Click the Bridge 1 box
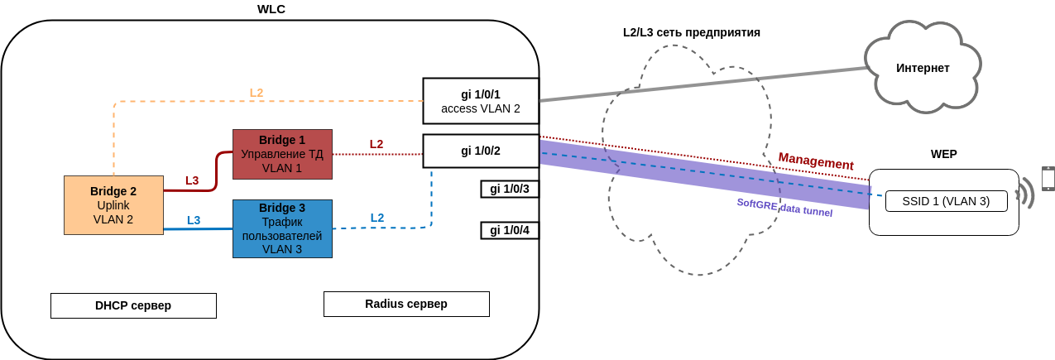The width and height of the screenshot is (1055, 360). click(282, 154)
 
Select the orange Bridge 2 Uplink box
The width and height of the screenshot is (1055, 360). click(113, 204)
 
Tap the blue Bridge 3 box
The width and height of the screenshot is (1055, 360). click(282, 228)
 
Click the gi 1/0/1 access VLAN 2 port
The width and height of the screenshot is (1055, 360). click(481, 101)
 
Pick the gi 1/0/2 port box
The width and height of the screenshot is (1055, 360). click(481, 151)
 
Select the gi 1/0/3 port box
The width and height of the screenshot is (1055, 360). click(509, 189)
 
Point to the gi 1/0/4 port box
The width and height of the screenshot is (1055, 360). click(509, 230)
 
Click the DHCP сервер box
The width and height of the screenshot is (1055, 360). click(133, 305)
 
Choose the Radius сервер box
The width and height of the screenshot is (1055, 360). click(406, 304)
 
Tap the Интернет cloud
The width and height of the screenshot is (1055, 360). click(923, 68)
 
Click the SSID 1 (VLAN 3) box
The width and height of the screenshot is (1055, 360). click(946, 201)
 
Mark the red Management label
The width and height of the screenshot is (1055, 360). click(816, 161)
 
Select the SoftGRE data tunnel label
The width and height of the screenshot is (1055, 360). click(784, 207)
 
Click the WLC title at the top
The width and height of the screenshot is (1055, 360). click(271, 9)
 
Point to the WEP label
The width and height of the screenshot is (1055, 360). click(943, 154)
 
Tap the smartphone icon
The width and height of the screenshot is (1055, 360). click(1048, 179)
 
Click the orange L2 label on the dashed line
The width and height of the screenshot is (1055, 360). click(257, 93)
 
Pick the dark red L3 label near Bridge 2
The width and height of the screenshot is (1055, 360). click(192, 180)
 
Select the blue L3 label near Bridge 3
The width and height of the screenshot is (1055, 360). click(194, 220)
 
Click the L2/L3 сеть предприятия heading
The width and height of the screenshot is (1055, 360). click(692, 32)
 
